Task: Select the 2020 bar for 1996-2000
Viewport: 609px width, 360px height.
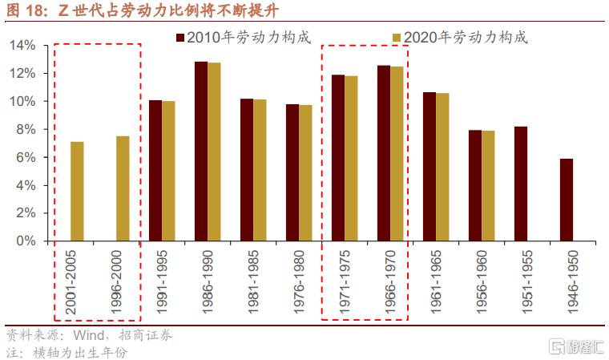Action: coord(123,188)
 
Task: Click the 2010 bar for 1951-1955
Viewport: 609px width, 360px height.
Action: coord(521,184)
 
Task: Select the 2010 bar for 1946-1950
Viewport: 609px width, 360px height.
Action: coord(567,200)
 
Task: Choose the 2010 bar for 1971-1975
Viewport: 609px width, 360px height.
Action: coord(338,157)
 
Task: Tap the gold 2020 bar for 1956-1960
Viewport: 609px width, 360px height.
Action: coord(489,185)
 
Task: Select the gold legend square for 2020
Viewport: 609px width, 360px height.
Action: coord(397,38)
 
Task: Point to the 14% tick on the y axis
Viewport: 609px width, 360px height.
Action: coord(23,46)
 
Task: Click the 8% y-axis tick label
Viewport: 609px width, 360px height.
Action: coord(26,129)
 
